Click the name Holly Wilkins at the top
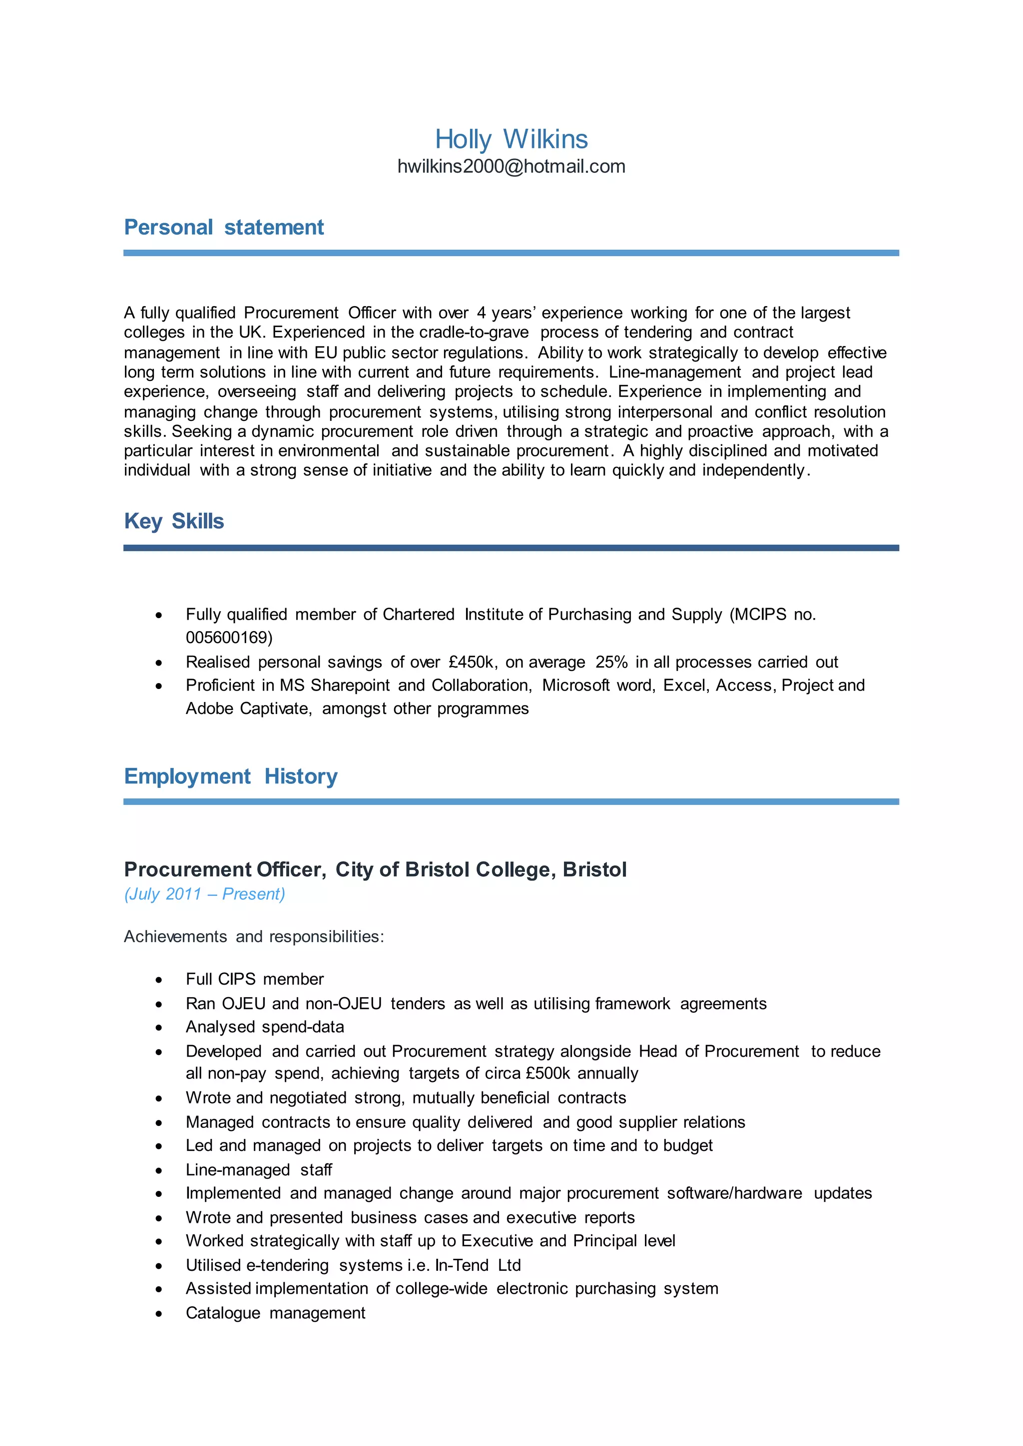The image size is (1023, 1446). [x=511, y=139]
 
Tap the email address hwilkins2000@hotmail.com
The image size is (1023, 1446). [x=511, y=166]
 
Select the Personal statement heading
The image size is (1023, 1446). [x=224, y=227]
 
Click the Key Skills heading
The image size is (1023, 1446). [x=174, y=521]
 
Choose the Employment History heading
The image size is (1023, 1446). [x=231, y=776]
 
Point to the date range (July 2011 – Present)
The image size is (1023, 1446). [x=204, y=894]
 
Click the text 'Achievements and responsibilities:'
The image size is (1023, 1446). [x=254, y=937]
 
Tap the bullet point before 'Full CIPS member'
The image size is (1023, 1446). [x=159, y=980]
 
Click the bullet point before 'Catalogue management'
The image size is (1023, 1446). [x=159, y=1314]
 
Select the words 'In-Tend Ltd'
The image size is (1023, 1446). [x=478, y=1265]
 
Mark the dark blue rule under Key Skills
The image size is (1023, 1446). [x=511, y=548]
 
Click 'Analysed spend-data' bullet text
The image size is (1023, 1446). [x=265, y=1027]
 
